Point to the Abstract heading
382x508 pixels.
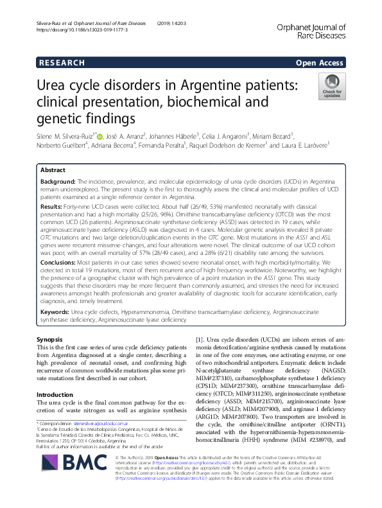coord(53,171)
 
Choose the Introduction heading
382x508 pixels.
coord(55,376)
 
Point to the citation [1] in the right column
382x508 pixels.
coord(199,338)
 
